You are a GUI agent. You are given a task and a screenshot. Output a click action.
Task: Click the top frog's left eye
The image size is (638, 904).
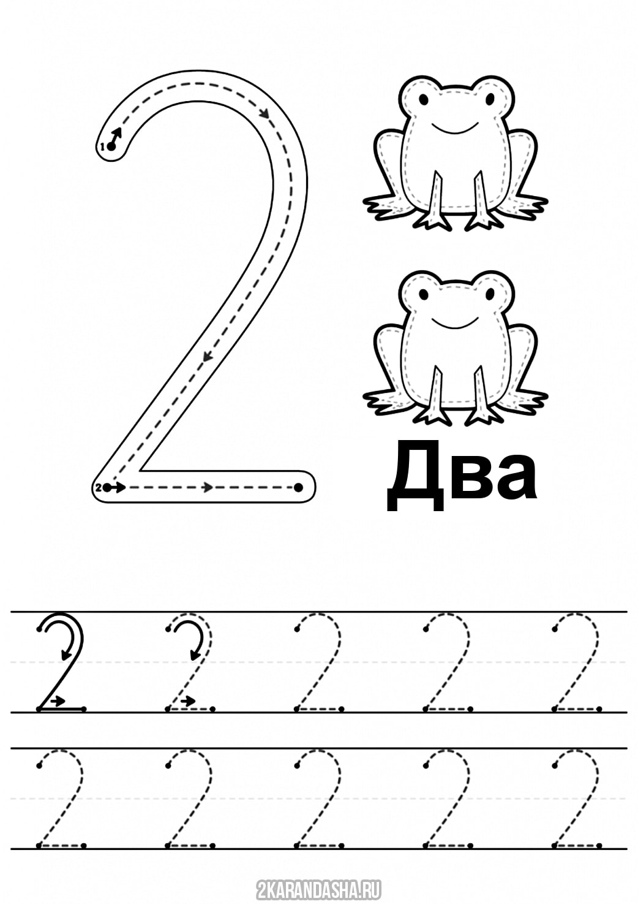423,98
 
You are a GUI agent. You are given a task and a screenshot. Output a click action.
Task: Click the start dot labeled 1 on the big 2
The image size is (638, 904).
111,146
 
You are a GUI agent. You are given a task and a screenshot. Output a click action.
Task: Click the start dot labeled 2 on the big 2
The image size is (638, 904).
106,487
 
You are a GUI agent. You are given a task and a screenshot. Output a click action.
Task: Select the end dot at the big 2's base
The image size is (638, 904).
298,487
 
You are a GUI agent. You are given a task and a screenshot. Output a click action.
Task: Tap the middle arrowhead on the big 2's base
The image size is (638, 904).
208,487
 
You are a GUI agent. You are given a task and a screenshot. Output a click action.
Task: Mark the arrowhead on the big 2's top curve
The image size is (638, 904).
265,114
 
